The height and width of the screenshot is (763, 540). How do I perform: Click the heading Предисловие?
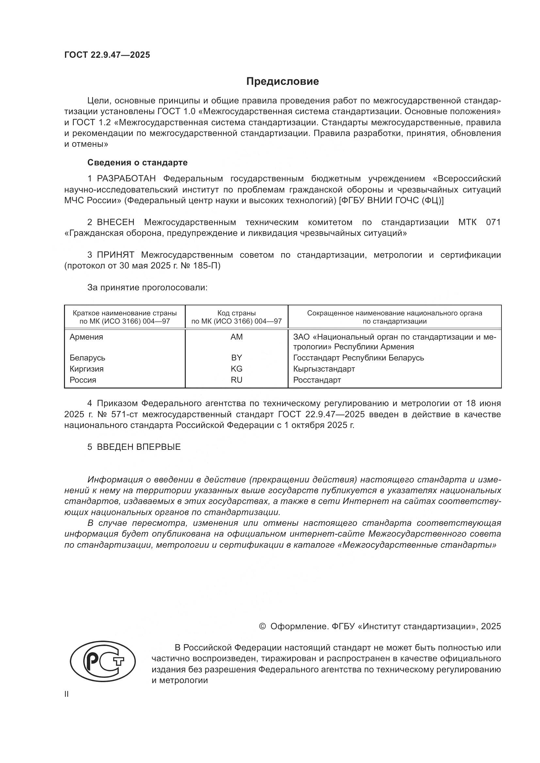tap(282, 82)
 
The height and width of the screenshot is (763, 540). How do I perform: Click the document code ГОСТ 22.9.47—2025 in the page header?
tap(107, 55)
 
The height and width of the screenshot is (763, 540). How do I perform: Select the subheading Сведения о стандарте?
tap(137, 162)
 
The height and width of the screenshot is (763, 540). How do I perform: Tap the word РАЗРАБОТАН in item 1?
tap(126, 179)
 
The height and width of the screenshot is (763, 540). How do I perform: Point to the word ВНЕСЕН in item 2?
tap(116, 222)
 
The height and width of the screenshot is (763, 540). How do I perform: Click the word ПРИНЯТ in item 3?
tap(115, 255)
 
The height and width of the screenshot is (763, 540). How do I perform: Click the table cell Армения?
tap(87, 337)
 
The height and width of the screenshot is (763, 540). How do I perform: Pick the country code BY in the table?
tap(236, 358)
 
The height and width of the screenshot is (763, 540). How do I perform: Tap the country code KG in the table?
tap(236, 369)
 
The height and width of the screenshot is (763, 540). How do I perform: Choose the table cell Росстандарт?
tap(317, 380)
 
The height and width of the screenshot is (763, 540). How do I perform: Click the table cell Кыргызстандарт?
tap(324, 369)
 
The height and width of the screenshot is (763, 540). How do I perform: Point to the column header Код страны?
tap(236, 313)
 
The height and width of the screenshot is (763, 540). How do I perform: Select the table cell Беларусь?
tap(87, 358)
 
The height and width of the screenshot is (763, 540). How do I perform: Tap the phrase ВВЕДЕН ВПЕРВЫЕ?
tap(139, 447)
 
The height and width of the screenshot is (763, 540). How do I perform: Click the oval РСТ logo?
tap(103, 662)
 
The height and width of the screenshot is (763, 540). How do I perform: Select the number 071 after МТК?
tap(493, 222)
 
